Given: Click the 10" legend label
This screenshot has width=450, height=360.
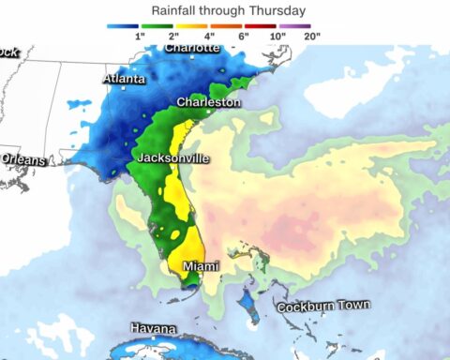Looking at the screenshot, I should click(x=277, y=36).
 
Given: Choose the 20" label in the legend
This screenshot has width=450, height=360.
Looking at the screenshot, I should click(x=312, y=36).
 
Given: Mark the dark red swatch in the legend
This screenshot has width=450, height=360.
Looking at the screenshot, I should click(x=264, y=25).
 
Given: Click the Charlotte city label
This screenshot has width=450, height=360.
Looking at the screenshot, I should click(x=192, y=47).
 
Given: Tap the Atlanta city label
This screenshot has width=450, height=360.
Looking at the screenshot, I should click(x=124, y=80).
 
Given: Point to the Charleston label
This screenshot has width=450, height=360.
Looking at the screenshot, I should click(x=209, y=101).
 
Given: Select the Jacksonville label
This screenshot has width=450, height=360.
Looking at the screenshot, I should click(x=172, y=158).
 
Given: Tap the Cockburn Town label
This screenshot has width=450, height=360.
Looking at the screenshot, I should click(x=322, y=306).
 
